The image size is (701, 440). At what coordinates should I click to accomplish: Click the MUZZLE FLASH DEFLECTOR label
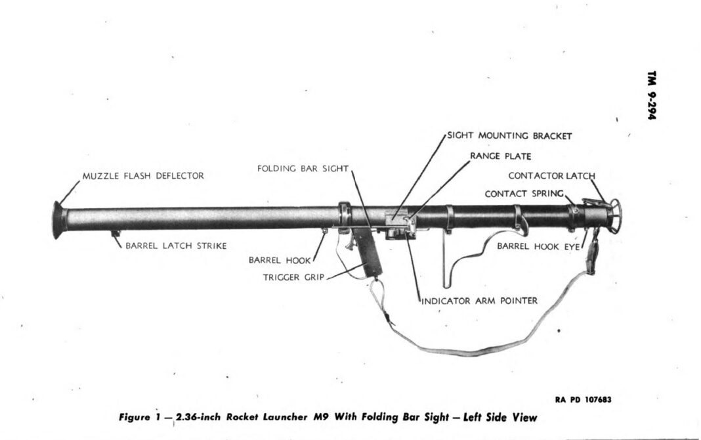pyautogui.click(x=143, y=176)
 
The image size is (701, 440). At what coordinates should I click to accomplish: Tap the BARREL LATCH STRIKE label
pyautogui.click(x=177, y=246)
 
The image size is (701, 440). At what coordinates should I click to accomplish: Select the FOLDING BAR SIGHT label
pyautogui.click(x=302, y=169)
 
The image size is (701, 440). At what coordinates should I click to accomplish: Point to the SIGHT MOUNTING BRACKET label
pyautogui.click(x=510, y=136)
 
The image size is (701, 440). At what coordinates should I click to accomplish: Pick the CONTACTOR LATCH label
pyautogui.click(x=551, y=175)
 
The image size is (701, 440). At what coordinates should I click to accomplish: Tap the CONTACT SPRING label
pyautogui.click(x=524, y=194)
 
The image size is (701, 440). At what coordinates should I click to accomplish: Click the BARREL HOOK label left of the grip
pyautogui.click(x=275, y=259)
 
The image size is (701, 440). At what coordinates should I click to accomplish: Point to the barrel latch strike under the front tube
pyautogui.click(x=116, y=232)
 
